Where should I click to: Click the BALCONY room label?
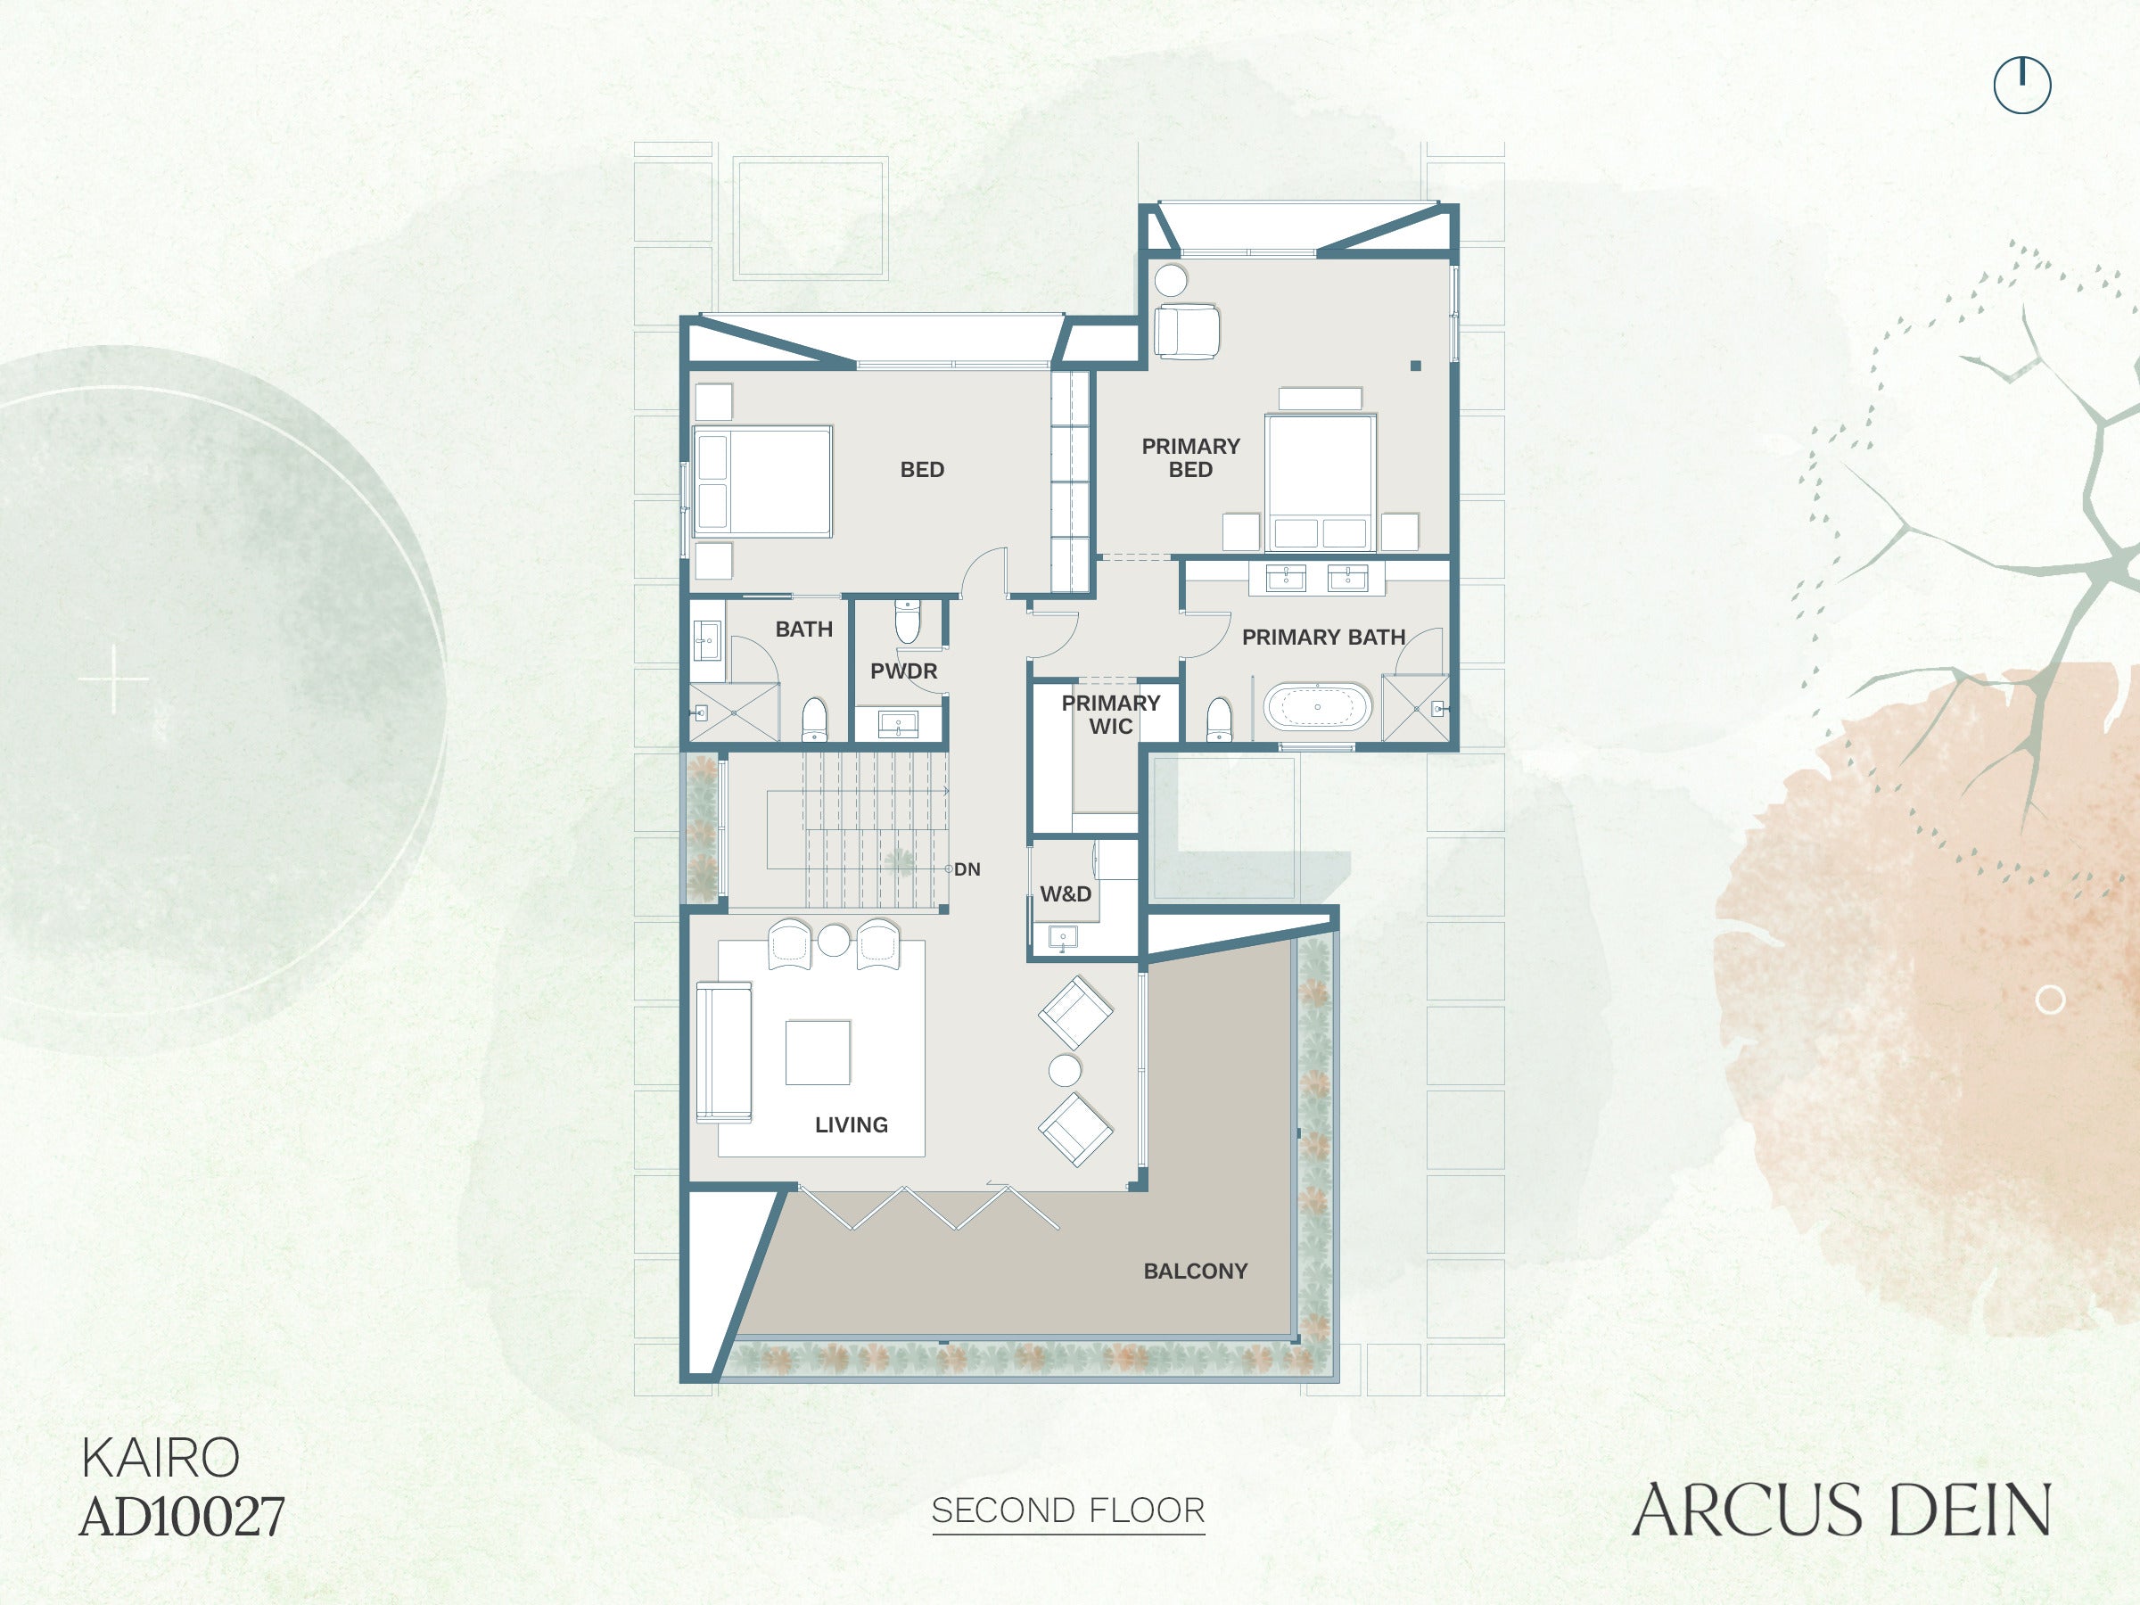[x=1195, y=1272]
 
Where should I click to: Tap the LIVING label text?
[x=852, y=1125]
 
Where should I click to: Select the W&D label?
[x=1066, y=894]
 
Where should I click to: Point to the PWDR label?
[x=903, y=671]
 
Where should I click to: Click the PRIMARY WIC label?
[x=1111, y=715]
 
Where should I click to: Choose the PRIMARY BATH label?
[x=1323, y=638]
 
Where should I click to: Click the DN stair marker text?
[x=967, y=869]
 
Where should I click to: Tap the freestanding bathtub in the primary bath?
[x=1318, y=707]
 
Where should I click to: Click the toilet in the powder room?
[x=907, y=622]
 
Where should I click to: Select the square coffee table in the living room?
[x=818, y=1052]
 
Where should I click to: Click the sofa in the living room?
[x=724, y=1051]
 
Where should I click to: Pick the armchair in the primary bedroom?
[x=1186, y=332]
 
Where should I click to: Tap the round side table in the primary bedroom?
[x=1171, y=281]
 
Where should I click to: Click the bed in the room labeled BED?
[x=762, y=481]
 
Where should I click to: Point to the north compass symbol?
[x=2022, y=85]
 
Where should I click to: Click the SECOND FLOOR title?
[x=1068, y=1510]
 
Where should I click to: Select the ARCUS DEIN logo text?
[x=1841, y=1510]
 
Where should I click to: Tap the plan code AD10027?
[x=182, y=1517]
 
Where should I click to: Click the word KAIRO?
[x=160, y=1458]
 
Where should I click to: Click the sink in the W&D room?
[x=1062, y=937]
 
